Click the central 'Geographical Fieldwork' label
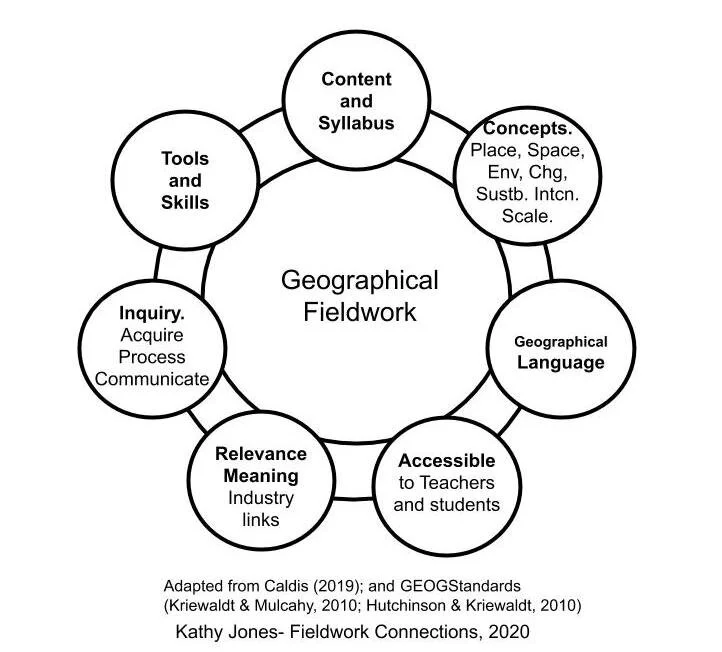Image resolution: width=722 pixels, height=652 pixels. pos(359,295)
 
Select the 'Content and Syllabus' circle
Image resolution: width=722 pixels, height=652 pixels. pos(357,101)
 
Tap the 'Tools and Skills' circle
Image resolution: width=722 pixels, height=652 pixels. pos(185,181)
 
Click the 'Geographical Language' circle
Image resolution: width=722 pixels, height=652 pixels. pos(560,353)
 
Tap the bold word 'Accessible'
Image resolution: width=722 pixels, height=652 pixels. pos(446,461)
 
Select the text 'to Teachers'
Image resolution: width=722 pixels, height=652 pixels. pos(446,483)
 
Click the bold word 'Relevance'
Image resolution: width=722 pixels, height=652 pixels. pos(261,454)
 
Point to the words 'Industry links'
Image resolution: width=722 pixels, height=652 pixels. pos(261,509)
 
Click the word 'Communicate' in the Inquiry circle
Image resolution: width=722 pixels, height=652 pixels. pos(152,379)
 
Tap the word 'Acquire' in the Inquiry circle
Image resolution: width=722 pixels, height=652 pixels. pos(152,335)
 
